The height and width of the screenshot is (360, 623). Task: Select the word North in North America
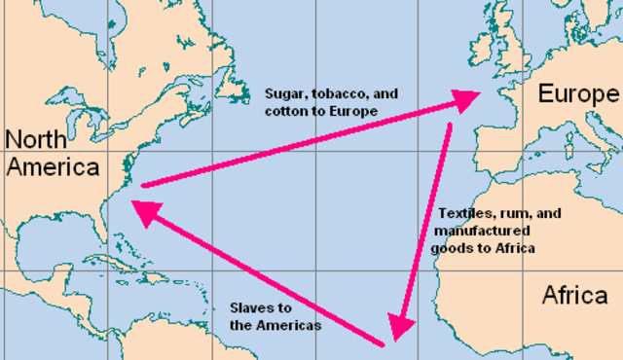tap(38, 137)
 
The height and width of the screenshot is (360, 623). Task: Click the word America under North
tap(53, 167)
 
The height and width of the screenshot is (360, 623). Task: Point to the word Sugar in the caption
tap(283, 94)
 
